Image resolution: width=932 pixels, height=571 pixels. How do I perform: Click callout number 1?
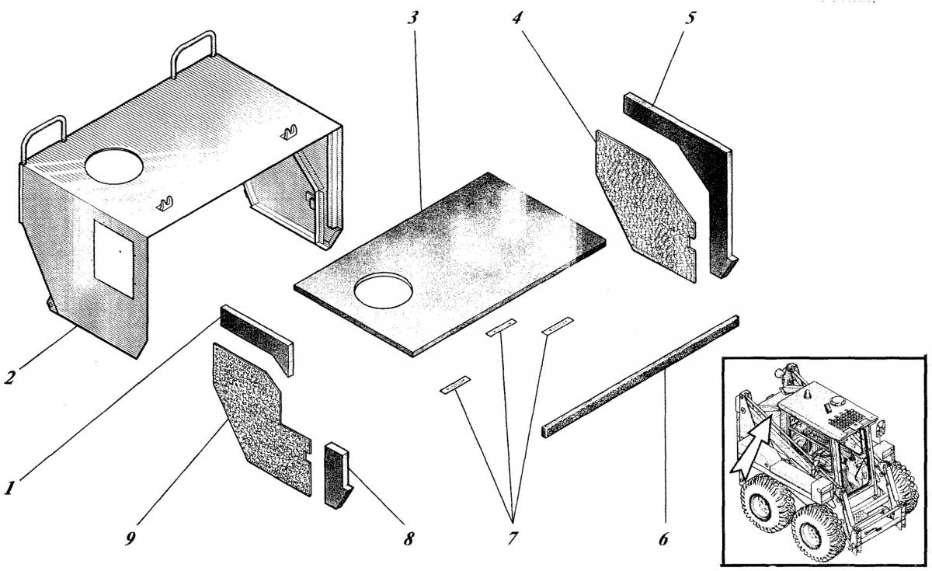pos(9,489)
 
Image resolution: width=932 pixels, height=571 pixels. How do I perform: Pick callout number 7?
pos(513,537)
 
